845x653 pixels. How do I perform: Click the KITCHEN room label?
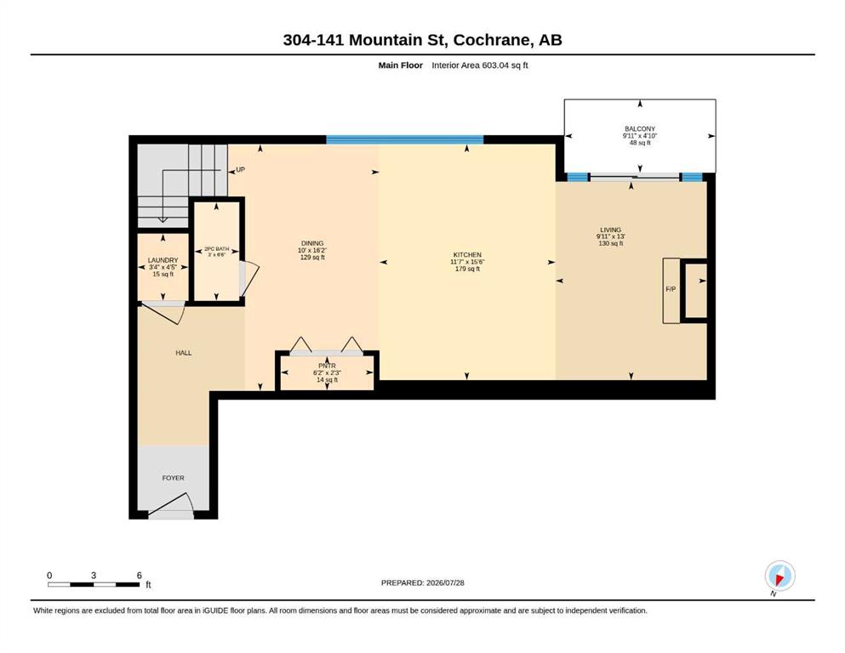click(x=466, y=254)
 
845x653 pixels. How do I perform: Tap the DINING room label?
click(x=312, y=243)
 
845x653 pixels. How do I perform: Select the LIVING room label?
click(x=610, y=230)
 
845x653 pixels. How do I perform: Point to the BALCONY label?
click(x=640, y=128)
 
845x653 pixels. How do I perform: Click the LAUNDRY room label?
click(x=163, y=260)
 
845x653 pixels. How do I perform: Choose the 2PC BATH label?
click(x=216, y=249)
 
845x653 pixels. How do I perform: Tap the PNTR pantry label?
click(x=327, y=366)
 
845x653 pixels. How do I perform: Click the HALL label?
click(x=183, y=353)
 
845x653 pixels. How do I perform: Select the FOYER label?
click(x=173, y=478)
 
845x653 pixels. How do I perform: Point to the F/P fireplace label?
click(x=671, y=289)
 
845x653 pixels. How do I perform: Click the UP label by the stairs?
click(x=240, y=169)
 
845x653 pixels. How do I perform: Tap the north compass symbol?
click(x=779, y=576)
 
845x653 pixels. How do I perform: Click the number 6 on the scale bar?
click(x=139, y=576)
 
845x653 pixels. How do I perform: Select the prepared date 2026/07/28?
click(x=445, y=582)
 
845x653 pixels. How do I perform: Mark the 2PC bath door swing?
click(x=249, y=279)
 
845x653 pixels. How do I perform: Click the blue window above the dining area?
click(x=405, y=140)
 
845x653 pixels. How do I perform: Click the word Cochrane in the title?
click(x=493, y=40)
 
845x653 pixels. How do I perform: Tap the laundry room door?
click(x=163, y=313)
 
